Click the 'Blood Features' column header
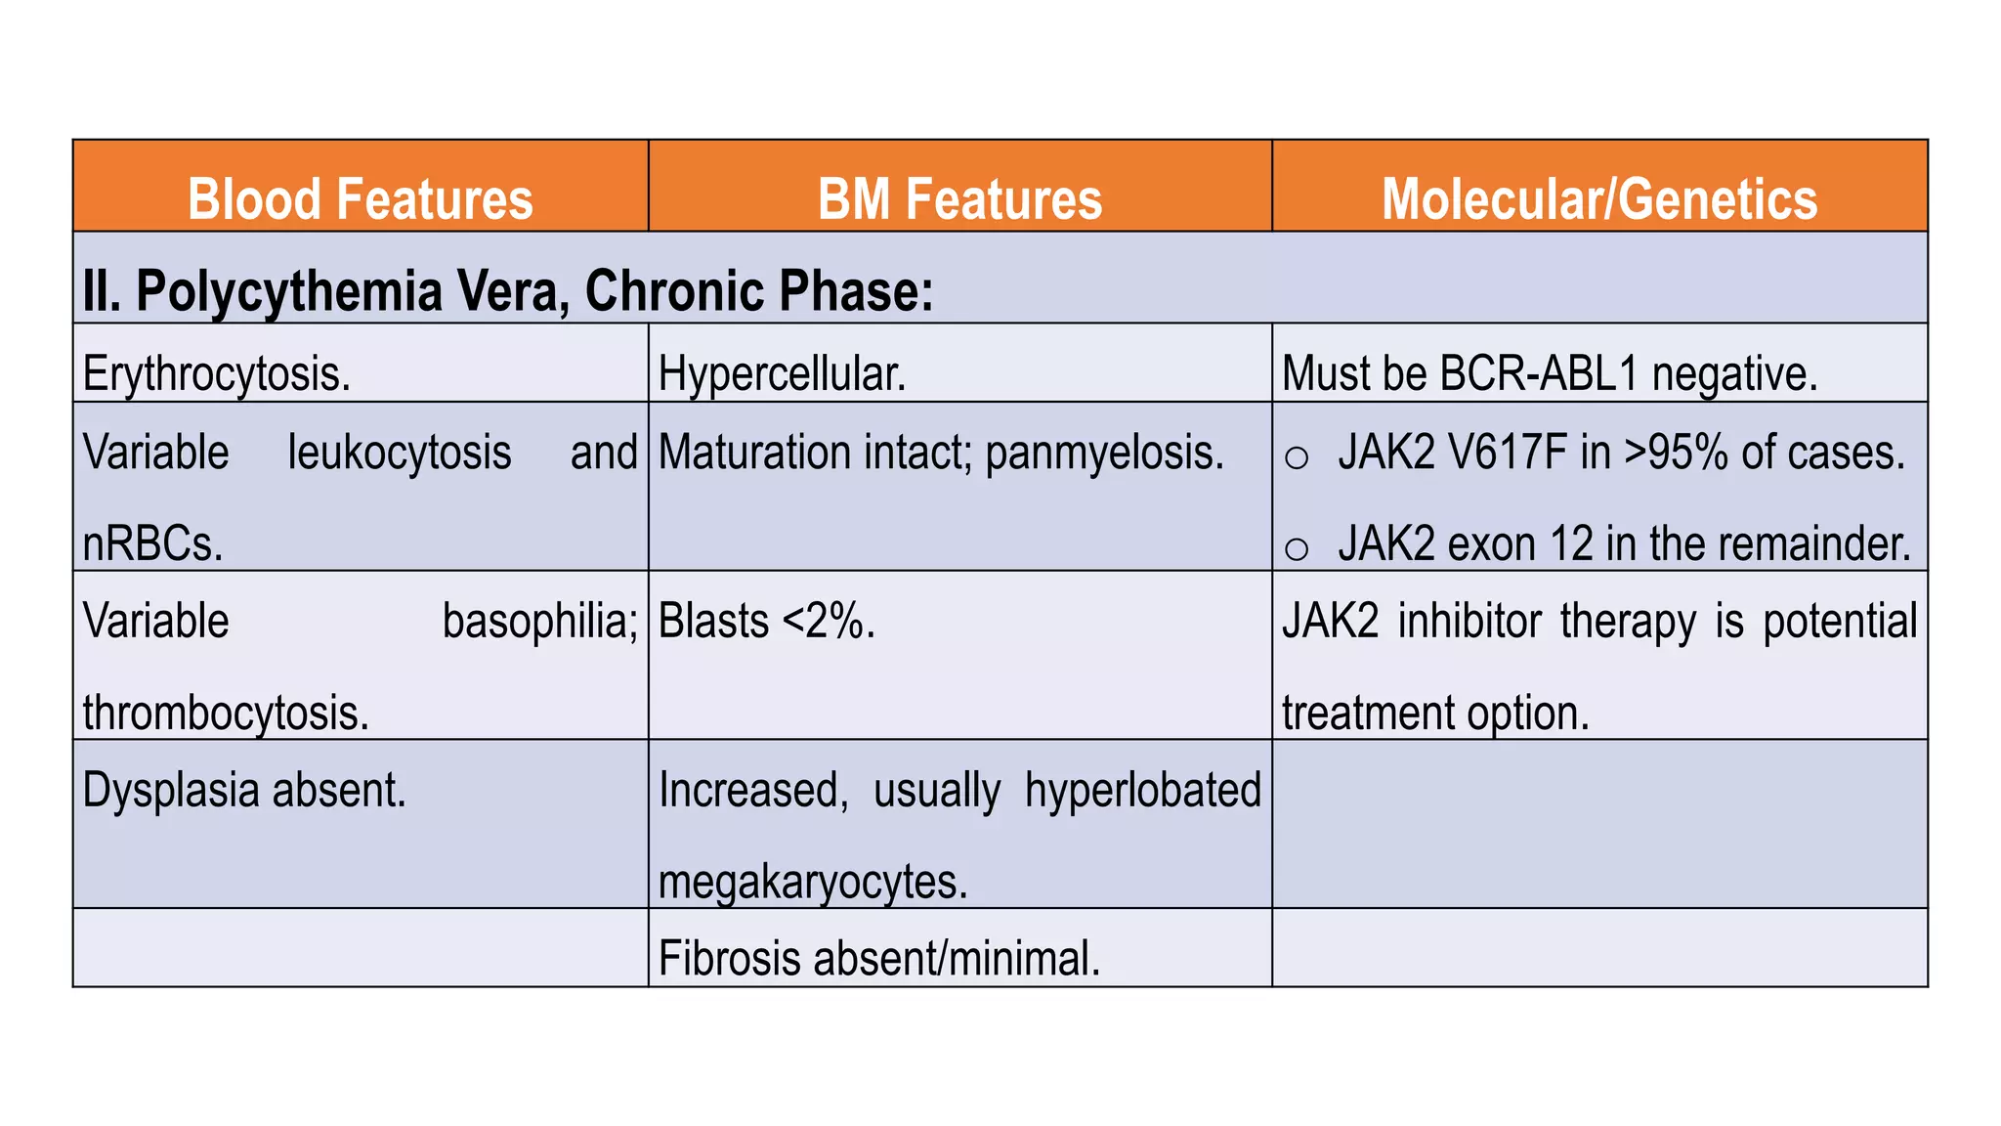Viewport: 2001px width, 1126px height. (x=360, y=198)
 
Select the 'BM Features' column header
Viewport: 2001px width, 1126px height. (x=959, y=198)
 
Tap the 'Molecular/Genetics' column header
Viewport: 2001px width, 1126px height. (x=1599, y=198)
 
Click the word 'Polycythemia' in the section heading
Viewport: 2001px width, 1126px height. (x=288, y=291)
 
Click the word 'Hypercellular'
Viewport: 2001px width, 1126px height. (x=781, y=374)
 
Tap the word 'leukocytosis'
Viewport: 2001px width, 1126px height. (x=399, y=453)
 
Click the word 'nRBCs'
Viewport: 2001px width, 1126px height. (x=150, y=544)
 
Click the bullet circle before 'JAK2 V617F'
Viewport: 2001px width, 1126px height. (x=1297, y=457)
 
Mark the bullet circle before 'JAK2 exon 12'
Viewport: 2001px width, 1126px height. (x=1297, y=548)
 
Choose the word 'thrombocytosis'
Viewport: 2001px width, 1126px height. (x=224, y=714)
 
